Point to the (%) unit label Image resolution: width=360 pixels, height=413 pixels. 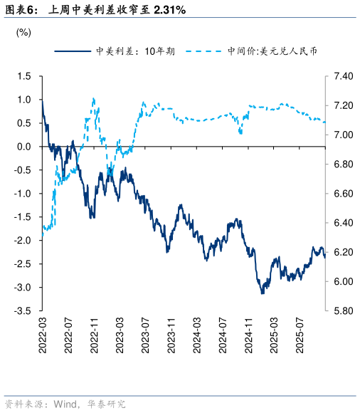23,32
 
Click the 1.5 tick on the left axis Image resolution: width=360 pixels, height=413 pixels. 24,76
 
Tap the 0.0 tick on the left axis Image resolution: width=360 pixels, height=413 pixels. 24,147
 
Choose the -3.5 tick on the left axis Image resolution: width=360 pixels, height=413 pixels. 23,311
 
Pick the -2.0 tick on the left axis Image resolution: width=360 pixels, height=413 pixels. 23,241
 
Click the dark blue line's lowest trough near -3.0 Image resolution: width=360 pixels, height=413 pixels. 262,292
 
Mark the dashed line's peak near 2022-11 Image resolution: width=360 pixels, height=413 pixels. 94,99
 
